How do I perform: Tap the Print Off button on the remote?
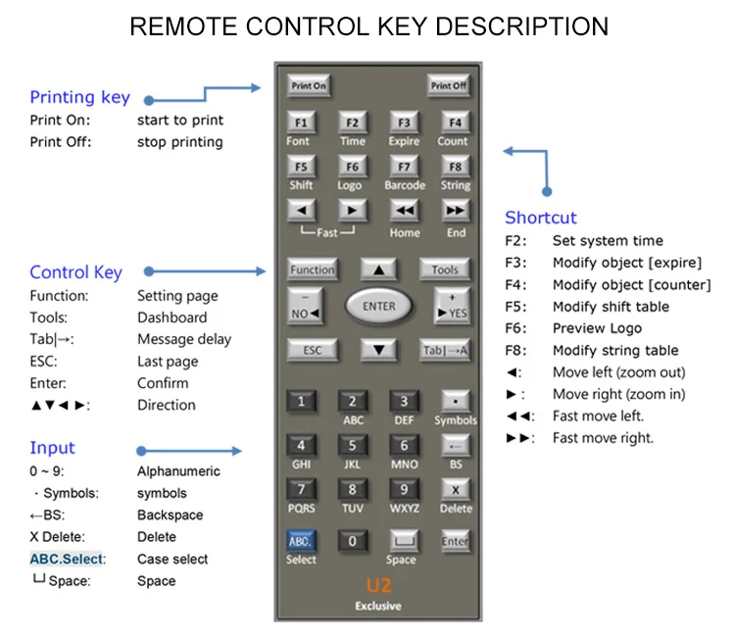(x=448, y=85)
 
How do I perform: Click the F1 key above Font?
(x=300, y=122)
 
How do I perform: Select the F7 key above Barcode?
(x=404, y=166)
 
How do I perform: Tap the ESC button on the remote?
(x=311, y=350)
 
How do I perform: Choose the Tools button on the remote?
(x=445, y=269)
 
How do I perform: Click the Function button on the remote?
(x=312, y=269)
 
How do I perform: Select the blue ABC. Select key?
(x=301, y=540)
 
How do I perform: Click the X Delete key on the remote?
(x=455, y=489)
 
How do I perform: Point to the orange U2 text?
(x=378, y=586)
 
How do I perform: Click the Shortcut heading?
(x=541, y=218)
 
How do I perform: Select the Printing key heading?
(x=79, y=97)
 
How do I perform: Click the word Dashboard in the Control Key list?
(x=171, y=318)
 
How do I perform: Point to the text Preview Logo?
(x=597, y=328)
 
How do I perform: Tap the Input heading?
(x=52, y=448)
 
